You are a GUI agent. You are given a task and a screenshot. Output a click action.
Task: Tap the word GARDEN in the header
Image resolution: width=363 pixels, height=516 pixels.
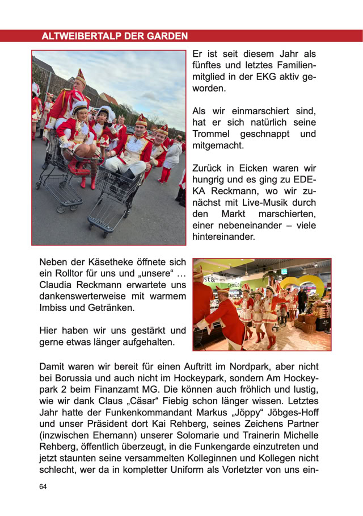pos(168,36)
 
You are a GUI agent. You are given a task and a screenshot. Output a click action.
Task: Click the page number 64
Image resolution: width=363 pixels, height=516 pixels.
pos(43,487)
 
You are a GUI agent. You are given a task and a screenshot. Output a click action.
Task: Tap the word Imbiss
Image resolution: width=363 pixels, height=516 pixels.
pos(54,307)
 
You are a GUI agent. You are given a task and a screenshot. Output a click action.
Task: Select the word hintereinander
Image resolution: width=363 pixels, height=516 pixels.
pos(225,236)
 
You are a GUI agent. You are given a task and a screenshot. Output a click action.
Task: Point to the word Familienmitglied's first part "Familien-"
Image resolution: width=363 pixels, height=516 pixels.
pos(290,65)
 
